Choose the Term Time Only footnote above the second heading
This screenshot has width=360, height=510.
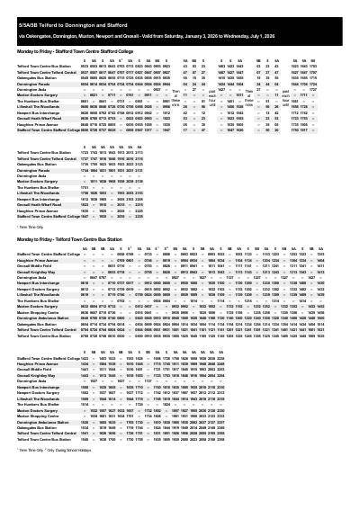pos(31,228)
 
